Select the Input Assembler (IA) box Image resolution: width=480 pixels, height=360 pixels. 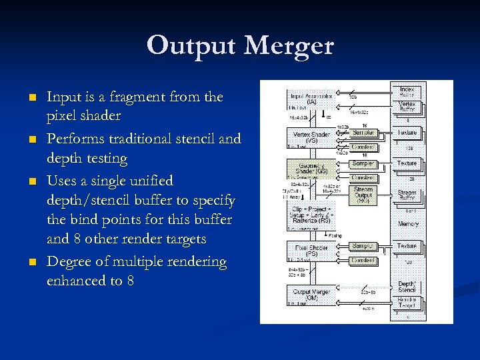(311, 99)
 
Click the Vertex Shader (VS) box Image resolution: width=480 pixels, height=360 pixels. (311, 138)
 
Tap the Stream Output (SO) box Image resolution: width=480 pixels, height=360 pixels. (363, 195)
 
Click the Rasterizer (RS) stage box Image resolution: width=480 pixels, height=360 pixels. (311, 215)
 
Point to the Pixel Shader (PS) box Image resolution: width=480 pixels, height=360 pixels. (311, 251)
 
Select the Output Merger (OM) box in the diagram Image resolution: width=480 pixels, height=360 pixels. (311, 294)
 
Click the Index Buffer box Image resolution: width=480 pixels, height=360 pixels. (407, 93)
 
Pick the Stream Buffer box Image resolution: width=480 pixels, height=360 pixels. (407, 195)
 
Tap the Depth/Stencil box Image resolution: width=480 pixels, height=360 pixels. (407, 287)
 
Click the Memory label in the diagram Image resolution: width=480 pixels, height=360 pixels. (408, 224)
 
